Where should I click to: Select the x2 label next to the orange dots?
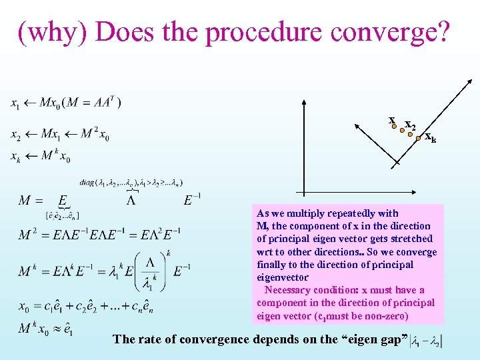point(411,126)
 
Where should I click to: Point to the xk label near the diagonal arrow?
point(431,139)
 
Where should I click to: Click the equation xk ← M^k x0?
point(41,157)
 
